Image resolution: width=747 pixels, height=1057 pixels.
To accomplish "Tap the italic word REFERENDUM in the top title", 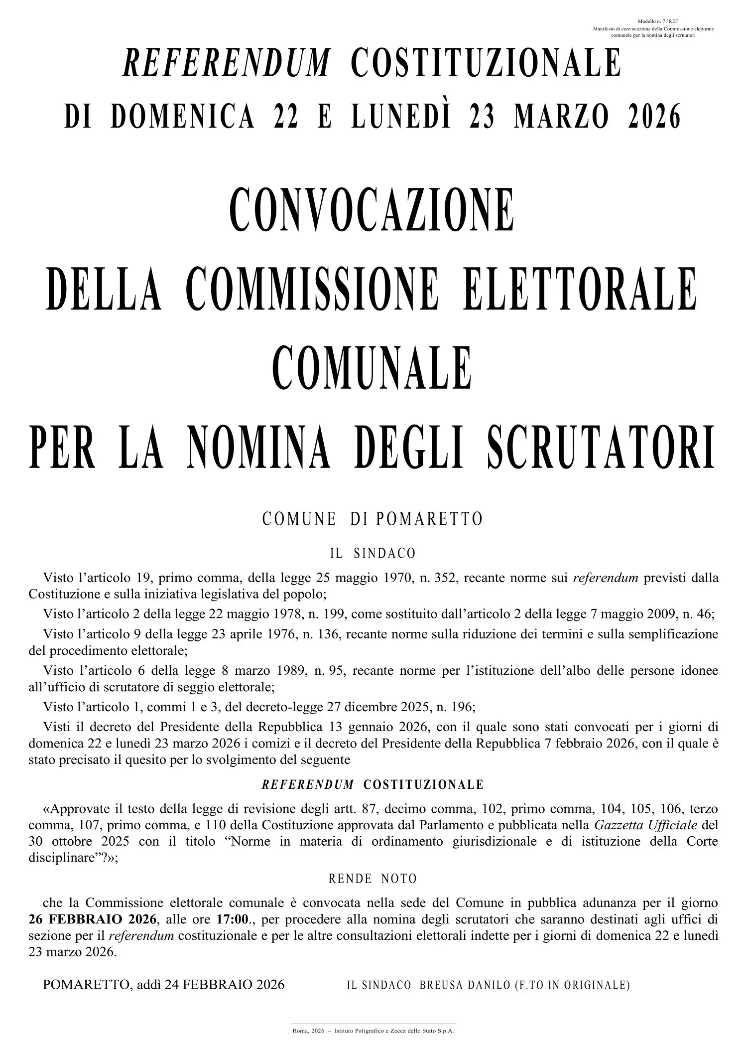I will pyautogui.click(x=226, y=63).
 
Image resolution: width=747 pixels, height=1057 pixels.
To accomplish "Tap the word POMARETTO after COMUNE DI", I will pyautogui.click(x=429, y=519).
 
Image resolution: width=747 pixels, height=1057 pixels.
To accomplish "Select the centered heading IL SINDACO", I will pyautogui.click(x=373, y=553).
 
